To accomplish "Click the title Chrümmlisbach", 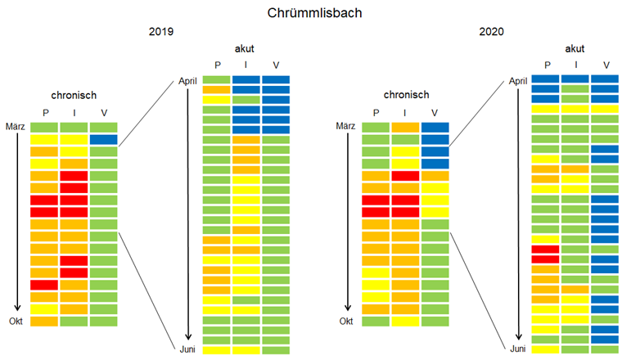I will tap(310, 13).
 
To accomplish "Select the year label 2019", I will tap(161, 32).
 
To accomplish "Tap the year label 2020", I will tap(492, 32).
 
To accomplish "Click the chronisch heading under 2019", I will tap(74, 95).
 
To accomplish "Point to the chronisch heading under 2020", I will tap(405, 95).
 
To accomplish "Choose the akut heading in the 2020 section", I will tap(575, 48).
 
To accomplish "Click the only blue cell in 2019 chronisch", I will tap(103, 139).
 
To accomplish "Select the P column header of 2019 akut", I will tap(217, 65).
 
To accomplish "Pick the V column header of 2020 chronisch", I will tap(435, 112).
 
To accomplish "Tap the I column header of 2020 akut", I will tap(576, 65).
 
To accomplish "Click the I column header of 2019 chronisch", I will tap(74, 112).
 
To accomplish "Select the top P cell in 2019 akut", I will tap(216, 79).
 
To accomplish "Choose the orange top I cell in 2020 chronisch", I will tap(405, 127).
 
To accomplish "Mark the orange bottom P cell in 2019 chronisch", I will tap(44, 321).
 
